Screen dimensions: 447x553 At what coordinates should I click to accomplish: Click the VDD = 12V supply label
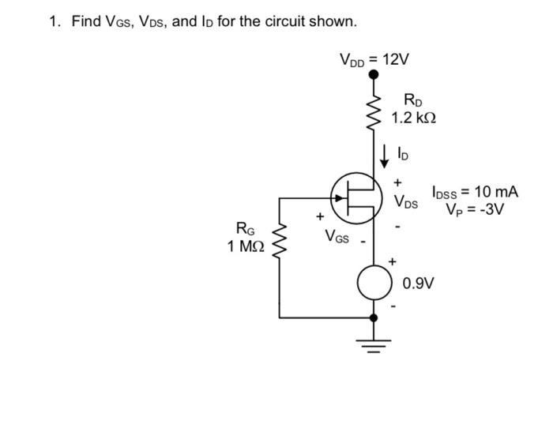pyautogui.click(x=374, y=59)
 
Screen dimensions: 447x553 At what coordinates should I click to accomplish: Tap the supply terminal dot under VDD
pyautogui.click(x=374, y=77)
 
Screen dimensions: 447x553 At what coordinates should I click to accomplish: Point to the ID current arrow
pyautogui.click(x=386, y=155)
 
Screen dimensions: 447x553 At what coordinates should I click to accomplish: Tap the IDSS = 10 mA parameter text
pyautogui.click(x=475, y=192)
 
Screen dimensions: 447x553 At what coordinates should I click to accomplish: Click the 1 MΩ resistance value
pyautogui.click(x=245, y=247)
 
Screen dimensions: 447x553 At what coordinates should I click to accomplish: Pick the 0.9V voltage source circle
pyautogui.click(x=374, y=284)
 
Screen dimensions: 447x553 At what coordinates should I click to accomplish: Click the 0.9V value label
pyautogui.click(x=416, y=284)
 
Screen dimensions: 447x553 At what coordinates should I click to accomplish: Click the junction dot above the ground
pyautogui.click(x=374, y=317)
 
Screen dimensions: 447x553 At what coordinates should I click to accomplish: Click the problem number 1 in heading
pyautogui.click(x=54, y=21)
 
